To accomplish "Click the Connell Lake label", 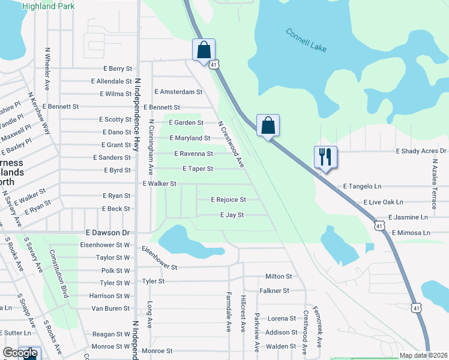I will [x=306, y=40].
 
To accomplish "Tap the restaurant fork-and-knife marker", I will [x=325, y=157].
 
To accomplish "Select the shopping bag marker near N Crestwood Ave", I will [x=268, y=126].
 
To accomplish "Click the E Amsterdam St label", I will [x=178, y=92].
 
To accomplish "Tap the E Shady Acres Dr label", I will [x=421, y=151].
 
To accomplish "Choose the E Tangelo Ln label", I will [x=363, y=187].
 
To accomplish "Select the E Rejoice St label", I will [x=228, y=199].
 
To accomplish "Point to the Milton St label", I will [x=279, y=277].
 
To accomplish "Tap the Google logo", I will [x=20, y=353].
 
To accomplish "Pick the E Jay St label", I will [x=232, y=215].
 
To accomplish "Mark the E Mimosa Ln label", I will [x=411, y=232].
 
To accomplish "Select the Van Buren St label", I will [x=110, y=308].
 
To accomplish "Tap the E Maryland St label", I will [x=189, y=138].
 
